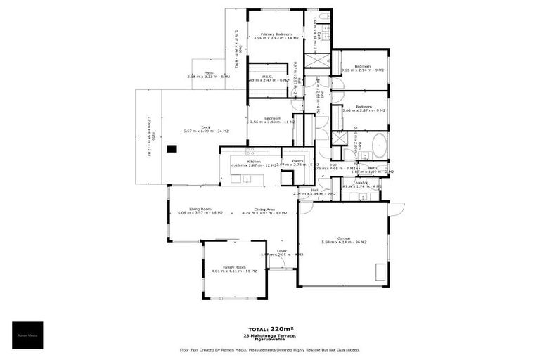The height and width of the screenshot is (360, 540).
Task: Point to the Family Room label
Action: [x=234, y=269]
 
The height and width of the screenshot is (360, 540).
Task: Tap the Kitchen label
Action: [x=254, y=162]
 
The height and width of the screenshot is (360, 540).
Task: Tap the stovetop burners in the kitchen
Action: [x=250, y=151]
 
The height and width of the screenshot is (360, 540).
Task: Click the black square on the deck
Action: [x=171, y=148]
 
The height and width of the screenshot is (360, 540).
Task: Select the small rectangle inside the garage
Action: [x=380, y=271]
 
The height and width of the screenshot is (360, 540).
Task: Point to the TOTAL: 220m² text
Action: [x=269, y=329]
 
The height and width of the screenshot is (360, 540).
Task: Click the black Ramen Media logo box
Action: [x=27, y=335]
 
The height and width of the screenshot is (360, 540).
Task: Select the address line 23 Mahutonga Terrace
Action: [x=269, y=337]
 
